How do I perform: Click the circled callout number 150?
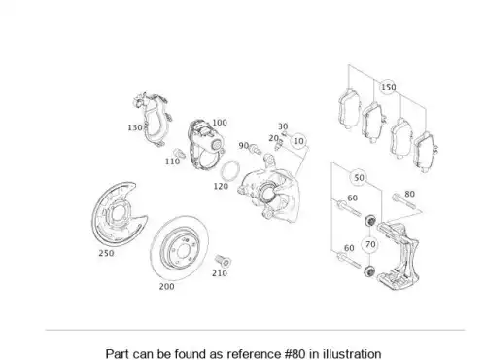point(388,87)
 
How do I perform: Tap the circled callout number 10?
point(298,141)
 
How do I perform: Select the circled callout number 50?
point(359,178)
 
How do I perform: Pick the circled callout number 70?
point(370,244)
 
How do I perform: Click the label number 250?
point(106,253)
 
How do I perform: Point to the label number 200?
point(166,286)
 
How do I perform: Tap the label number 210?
point(220,273)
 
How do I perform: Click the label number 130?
point(135,127)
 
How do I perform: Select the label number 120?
point(221,186)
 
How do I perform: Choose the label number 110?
point(172,162)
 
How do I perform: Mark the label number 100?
point(220,123)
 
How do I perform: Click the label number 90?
point(243,146)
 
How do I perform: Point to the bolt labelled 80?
point(403,201)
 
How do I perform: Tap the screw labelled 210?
point(223,261)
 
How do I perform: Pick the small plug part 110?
point(180,153)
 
